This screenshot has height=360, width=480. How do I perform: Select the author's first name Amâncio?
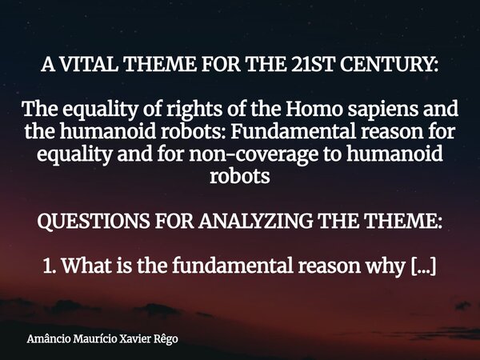45,338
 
